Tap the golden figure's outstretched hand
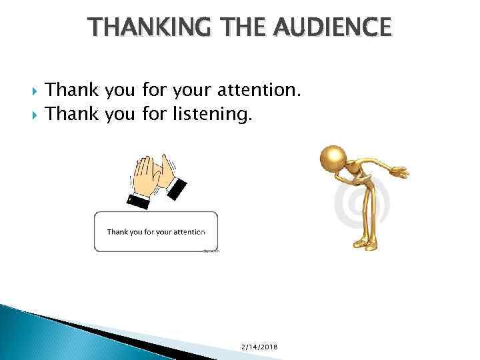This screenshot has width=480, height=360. point(400,173)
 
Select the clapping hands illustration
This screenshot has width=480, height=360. point(157,175)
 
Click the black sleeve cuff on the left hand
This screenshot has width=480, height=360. point(139,197)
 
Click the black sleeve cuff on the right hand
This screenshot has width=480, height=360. point(177,189)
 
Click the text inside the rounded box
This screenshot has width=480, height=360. point(156,232)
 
